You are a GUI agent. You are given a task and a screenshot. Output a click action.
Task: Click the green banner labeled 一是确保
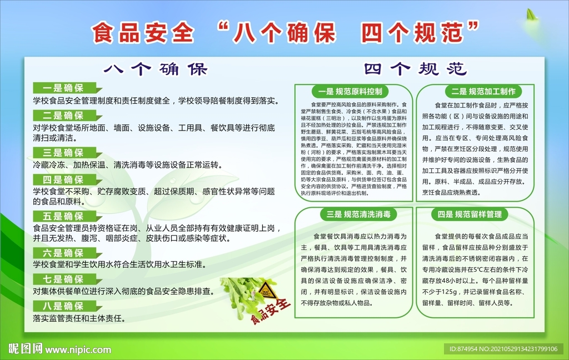coord(64,88)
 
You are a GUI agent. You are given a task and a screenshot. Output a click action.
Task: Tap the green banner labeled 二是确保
coord(64,116)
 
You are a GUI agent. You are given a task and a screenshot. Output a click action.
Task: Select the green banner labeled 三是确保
coord(64,153)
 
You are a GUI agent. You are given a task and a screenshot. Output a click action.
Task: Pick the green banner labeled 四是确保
coord(64,179)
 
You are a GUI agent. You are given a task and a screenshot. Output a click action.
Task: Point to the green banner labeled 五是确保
coord(64,216)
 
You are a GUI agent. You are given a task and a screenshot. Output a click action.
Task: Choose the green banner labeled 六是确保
coord(64,253)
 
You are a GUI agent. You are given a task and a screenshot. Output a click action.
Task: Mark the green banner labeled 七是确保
coord(64,279)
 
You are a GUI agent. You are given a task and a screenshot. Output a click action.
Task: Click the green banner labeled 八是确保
coord(64,306)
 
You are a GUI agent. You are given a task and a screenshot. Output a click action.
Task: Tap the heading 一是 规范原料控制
coord(351,91)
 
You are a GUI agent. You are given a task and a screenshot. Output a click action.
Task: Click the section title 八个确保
coord(156,69)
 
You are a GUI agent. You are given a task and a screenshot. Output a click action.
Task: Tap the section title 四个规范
coord(415,69)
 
